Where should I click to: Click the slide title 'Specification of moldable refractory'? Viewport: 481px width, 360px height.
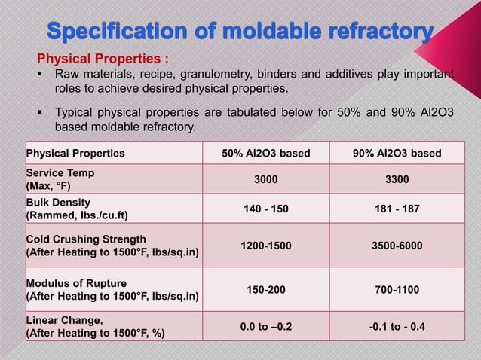point(240,32)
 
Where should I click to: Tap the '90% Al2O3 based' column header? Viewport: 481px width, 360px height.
point(397,154)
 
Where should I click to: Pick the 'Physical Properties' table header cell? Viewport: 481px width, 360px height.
point(75,154)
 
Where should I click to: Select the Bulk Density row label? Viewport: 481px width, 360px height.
point(77,209)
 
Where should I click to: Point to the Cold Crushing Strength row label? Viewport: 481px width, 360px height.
point(112,246)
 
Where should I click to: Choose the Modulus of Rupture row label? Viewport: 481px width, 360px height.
point(112,290)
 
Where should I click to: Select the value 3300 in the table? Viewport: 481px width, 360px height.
point(397,180)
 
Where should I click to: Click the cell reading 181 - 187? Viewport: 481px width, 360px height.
point(397,209)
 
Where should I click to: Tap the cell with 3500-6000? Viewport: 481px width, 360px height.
point(397,246)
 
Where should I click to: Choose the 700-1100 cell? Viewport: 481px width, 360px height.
point(397,290)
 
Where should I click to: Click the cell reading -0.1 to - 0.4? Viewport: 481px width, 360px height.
point(397,326)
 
